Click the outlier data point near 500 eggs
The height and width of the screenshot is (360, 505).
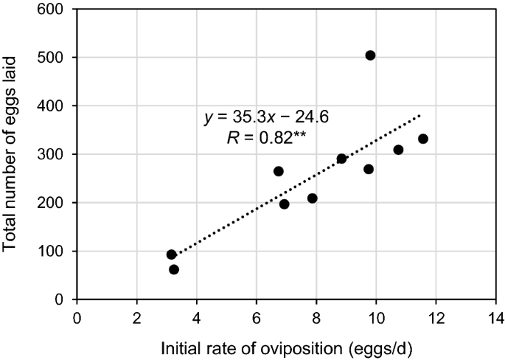[x=370, y=55]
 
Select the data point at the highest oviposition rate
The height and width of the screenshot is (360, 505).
[x=423, y=139]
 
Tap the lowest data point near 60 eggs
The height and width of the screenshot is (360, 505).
[x=174, y=269]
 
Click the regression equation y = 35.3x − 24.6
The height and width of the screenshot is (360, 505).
[x=266, y=117]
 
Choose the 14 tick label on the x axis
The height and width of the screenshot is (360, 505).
[x=495, y=316]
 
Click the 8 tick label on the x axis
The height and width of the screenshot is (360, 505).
[x=316, y=316]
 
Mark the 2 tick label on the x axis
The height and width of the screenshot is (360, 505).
[x=136, y=316]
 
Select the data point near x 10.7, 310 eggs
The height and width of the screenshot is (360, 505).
[x=398, y=150]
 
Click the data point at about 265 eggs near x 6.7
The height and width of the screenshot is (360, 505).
[x=279, y=171]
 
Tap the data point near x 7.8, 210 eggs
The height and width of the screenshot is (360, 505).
[x=313, y=198]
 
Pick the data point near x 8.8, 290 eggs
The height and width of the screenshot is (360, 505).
[x=341, y=159]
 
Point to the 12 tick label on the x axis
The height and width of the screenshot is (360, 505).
[x=436, y=316]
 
